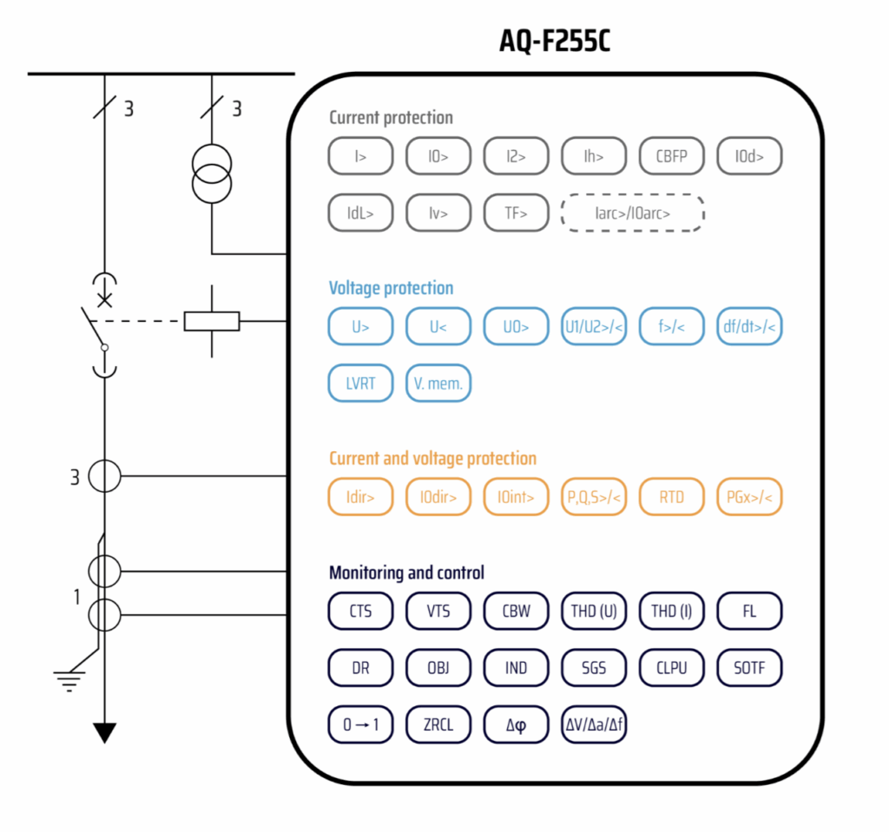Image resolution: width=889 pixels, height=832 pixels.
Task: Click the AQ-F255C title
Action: pos(555,41)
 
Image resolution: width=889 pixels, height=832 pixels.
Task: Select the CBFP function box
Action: pos(672,157)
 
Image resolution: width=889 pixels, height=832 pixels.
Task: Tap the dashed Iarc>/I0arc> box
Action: pos(632,213)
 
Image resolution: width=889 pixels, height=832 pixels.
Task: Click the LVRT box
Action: pos(360,383)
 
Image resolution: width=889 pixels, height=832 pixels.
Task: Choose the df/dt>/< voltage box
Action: pos(749,327)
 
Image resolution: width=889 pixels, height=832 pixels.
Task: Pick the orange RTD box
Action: pos(672,497)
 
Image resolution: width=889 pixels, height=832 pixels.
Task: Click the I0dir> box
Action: pos(438,497)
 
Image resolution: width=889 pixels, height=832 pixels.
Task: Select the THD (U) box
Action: pos(594,611)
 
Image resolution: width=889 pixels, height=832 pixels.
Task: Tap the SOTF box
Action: pos(749,668)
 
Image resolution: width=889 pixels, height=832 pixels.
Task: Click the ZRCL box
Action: pos(438,724)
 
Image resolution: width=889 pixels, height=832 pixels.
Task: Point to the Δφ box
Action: pos(516,724)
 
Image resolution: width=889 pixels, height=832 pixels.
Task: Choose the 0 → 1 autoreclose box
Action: pos(360,724)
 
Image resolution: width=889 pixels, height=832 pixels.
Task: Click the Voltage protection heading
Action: pos(391,288)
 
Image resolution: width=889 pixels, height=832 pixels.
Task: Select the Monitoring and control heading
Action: pos(406,573)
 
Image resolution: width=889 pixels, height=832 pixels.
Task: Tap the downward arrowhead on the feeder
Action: pos(105,733)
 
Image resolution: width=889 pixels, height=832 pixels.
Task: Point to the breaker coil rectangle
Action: pos(212,321)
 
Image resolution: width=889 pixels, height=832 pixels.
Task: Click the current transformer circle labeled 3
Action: pos(105,475)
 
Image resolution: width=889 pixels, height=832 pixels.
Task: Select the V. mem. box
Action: pos(438,383)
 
